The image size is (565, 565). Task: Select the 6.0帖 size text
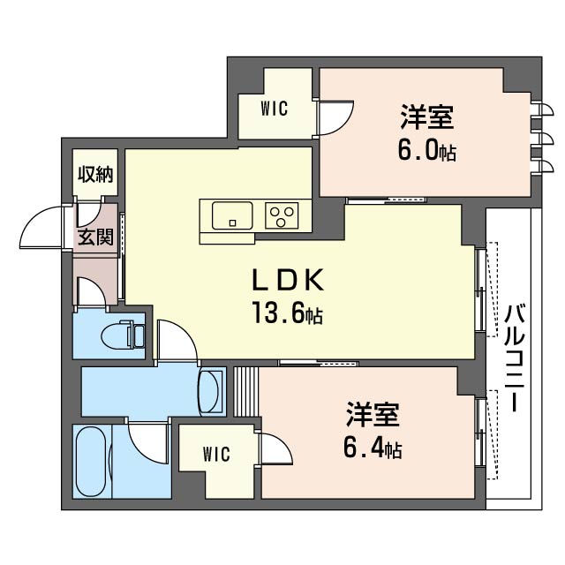[426, 150]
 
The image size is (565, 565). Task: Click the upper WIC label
[275, 109]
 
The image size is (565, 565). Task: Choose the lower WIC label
[215, 455]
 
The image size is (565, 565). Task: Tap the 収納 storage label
[94, 174]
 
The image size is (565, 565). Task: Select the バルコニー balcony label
[513, 358]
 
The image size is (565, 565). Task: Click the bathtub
[89, 463]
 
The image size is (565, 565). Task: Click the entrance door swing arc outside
[41, 228]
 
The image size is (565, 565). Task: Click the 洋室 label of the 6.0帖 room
[426, 117]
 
